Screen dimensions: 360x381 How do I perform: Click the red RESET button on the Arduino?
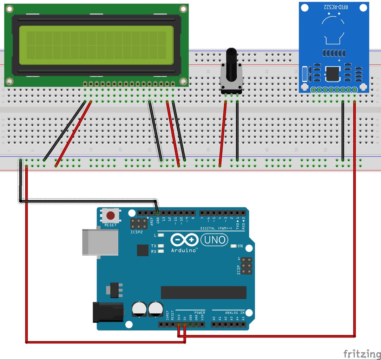point(111,216)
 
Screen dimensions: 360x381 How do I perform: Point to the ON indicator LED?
point(233,246)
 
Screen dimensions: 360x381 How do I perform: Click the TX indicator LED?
point(161,246)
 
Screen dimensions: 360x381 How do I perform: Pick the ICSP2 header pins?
point(139,223)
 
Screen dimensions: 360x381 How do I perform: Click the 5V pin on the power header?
point(185,324)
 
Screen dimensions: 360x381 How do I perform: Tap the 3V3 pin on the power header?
point(179,324)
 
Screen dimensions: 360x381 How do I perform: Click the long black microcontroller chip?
point(203,292)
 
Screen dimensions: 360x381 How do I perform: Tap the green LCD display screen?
point(96,45)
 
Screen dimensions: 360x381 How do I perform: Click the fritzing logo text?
point(361,353)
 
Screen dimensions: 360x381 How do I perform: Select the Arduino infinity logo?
point(184,240)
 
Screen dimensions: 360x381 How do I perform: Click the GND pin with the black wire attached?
point(158,213)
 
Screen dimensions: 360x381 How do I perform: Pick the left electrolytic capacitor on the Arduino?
point(139,309)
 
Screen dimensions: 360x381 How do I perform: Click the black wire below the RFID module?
point(343,130)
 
